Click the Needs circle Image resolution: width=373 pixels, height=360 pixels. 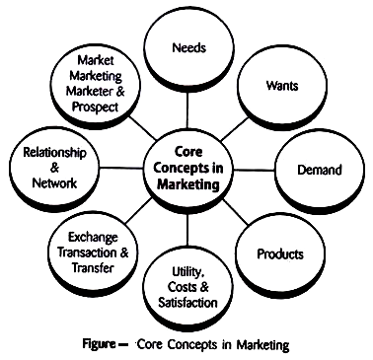point(187,47)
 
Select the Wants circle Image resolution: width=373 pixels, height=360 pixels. point(280,87)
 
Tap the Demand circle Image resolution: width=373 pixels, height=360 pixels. point(320,170)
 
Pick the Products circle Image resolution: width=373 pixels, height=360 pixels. point(279,253)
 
